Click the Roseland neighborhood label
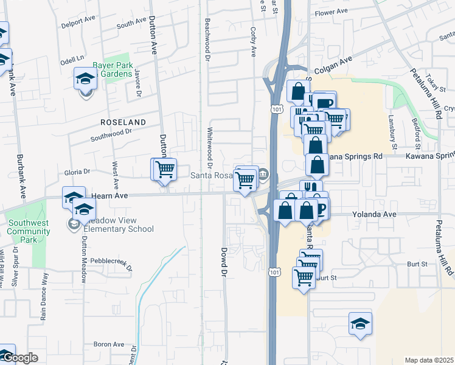point(123,122)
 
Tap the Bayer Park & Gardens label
point(113,69)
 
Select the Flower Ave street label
point(330,12)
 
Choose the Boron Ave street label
point(109,344)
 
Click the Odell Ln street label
point(72,60)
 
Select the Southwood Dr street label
point(94,138)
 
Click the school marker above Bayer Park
point(85,78)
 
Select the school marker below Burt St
point(360,323)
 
